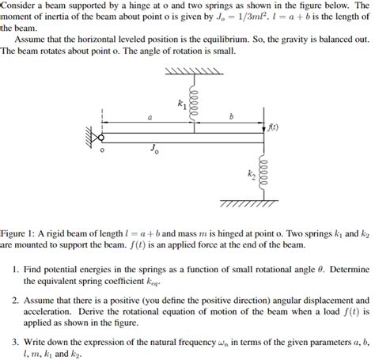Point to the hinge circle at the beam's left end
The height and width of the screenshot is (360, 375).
click(x=101, y=137)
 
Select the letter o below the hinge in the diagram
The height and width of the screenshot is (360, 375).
click(x=100, y=150)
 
